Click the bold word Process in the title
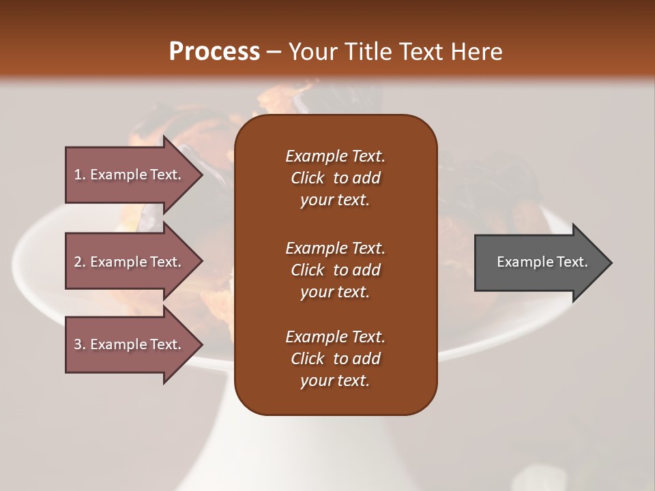(x=214, y=52)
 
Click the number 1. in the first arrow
(x=80, y=175)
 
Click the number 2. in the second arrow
(x=80, y=262)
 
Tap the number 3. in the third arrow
(x=80, y=344)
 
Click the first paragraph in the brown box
(x=335, y=178)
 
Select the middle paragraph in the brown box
(x=335, y=270)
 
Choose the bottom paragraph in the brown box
(x=335, y=359)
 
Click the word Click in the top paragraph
(x=308, y=178)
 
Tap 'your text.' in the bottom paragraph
(x=335, y=381)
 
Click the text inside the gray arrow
(x=542, y=262)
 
